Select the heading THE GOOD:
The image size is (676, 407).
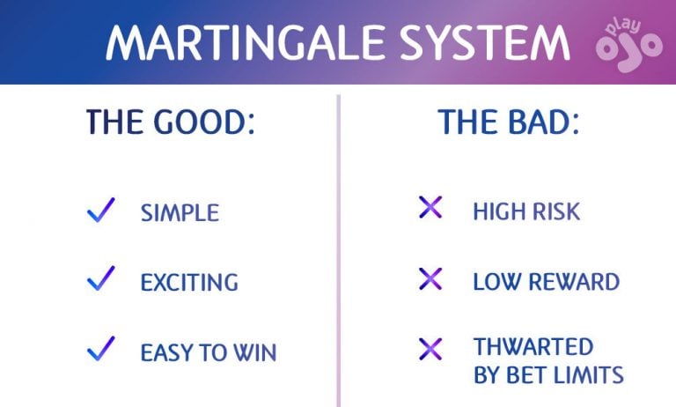pyautogui.click(x=170, y=122)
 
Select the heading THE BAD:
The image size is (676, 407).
pyautogui.click(x=509, y=122)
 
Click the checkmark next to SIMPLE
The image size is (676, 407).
pyautogui.click(x=101, y=211)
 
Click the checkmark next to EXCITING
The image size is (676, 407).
pyautogui.click(x=101, y=279)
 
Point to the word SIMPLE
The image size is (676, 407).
pyautogui.click(x=180, y=213)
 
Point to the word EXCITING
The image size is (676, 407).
pyautogui.click(x=189, y=283)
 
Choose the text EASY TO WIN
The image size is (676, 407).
pyautogui.click(x=209, y=353)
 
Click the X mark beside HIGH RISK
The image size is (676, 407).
pyautogui.click(x=430, y=209)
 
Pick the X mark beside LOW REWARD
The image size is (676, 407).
pyautogui.click(x=430, y=279)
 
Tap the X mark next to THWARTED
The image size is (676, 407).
pyautogui.click(x=430, y=349)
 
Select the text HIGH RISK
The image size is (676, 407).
pyautogui.click(x=526, y=212)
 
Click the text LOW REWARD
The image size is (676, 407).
pyautogui.click(x=546, y=283)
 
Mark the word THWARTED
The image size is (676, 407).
pyautogui.click(x=533, y=346)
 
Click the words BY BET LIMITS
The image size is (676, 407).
pyautogui.click(x=548, y=375)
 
